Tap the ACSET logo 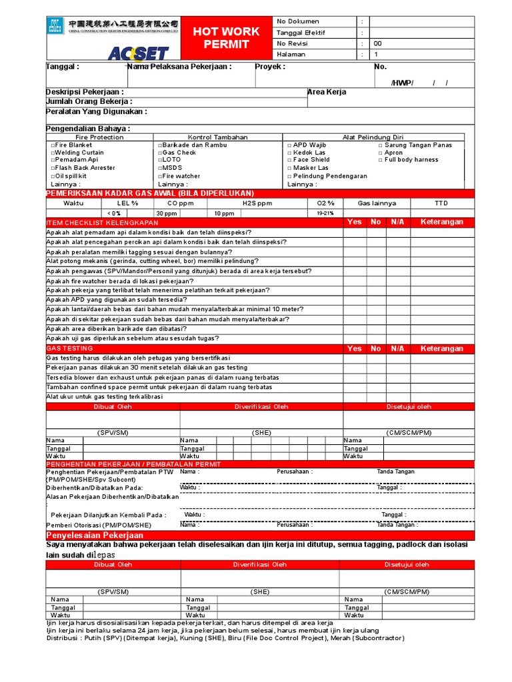point(129,53)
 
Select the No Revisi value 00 point(378,43)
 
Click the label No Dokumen point(298,21)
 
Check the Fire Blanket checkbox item point(71,145)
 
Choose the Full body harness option point(410,160)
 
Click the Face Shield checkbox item point(309,160)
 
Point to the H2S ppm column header point(257,202)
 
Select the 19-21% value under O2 point(325,213)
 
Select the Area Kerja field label point(326,92)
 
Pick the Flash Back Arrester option point(83,168)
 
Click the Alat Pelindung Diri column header point(373,137)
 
